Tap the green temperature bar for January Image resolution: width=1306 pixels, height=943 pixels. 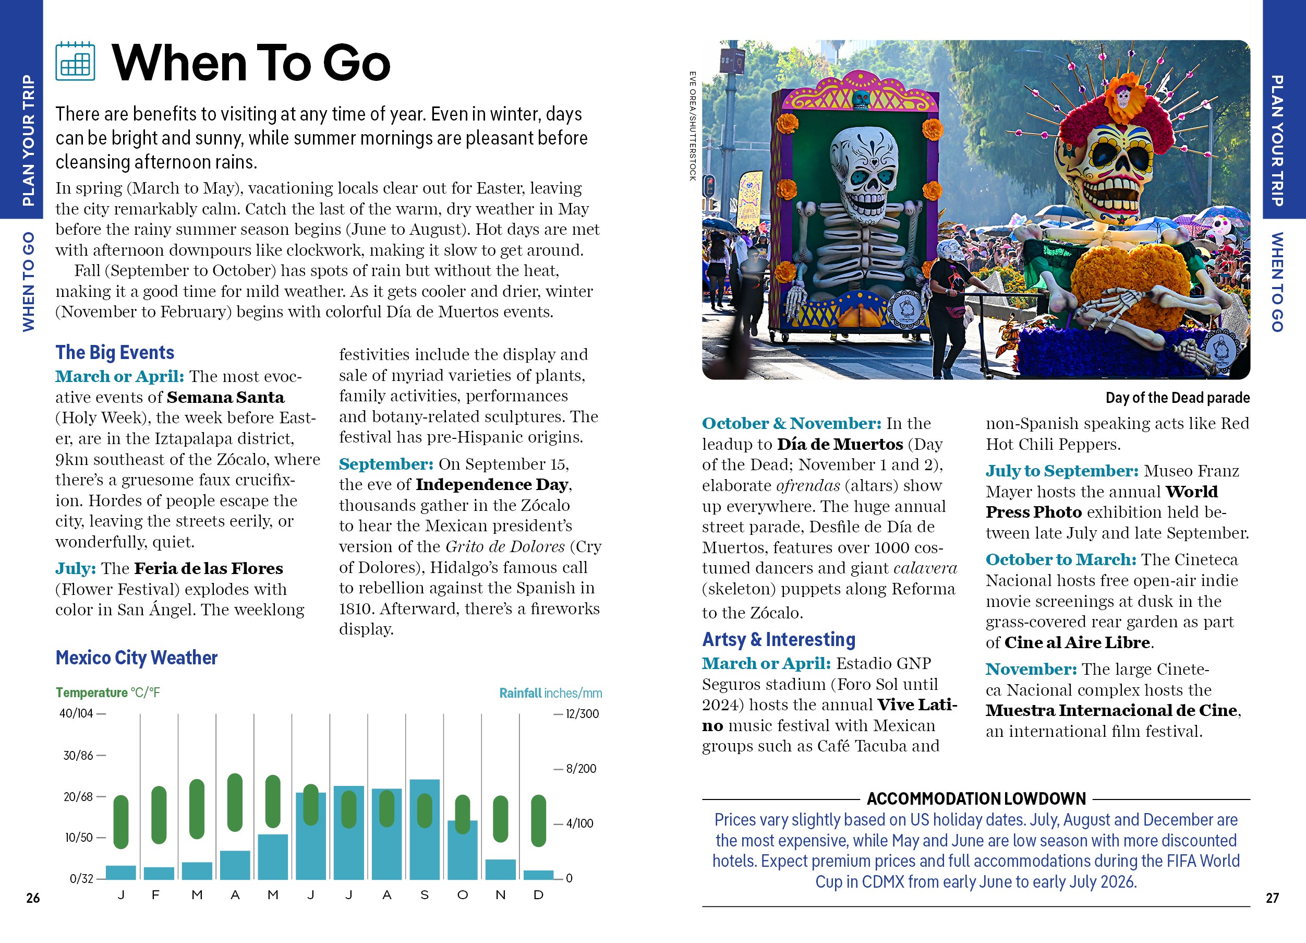121,822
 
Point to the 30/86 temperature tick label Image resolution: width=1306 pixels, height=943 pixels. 78,755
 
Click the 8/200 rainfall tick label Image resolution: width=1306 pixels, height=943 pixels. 581,769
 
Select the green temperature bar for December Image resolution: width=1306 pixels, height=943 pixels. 538,821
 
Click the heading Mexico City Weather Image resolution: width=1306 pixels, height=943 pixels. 137,658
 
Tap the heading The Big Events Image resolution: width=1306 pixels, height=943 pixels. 115,353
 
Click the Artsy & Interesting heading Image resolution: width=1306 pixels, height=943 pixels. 779,639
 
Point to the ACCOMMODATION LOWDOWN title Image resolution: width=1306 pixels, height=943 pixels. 976,799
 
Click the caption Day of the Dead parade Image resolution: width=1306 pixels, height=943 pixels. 1177,398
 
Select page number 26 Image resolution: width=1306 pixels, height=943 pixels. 33,898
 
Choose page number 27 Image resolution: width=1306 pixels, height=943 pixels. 1272,898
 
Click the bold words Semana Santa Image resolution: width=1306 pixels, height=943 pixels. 226,398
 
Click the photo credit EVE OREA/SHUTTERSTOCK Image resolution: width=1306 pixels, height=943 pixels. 693,126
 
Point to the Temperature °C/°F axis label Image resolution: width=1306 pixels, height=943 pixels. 107,693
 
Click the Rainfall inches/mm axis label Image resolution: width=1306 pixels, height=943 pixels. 550,693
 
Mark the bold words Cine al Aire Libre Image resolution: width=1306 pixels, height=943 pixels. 1077,642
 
